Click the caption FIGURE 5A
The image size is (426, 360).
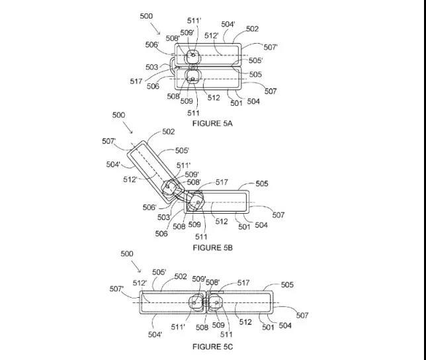tap(212, 123)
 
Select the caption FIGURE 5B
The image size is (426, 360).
tap(213, 247)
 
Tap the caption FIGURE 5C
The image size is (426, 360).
tap(213, 347)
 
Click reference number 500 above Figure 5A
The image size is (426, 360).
tap(146, 16)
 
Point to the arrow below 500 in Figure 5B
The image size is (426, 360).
tap(128, 127)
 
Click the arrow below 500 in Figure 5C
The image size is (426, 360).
tap(136, 267)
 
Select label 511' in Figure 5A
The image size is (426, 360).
tap(194, 21)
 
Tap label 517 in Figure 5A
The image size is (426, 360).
tap(136, 81)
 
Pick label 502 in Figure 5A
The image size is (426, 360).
tap(253, 29)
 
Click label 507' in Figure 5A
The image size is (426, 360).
tap(271, 47)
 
